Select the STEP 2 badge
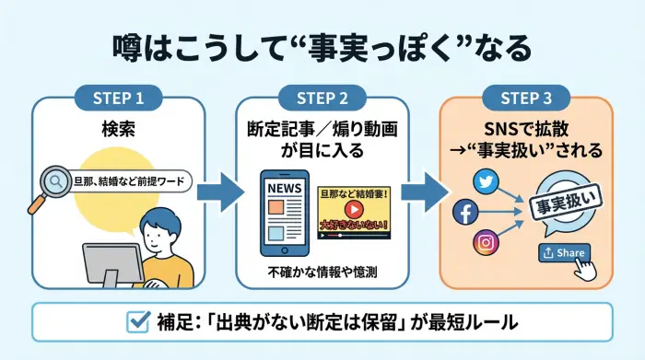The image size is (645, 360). click(x=322, y=97)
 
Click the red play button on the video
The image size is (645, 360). click(x=352, y=209)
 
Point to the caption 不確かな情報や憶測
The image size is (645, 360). click(x=322, y=273)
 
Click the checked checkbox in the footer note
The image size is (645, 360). click(x=138, y=323)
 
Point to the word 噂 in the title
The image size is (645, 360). click(x=128, y=43)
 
